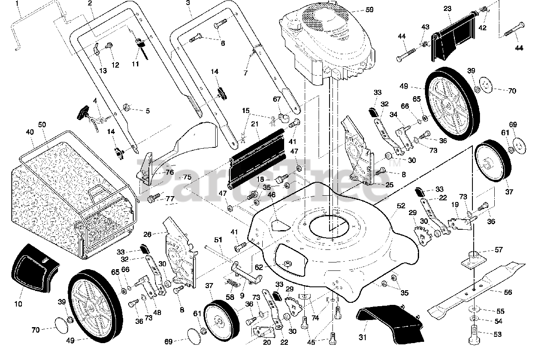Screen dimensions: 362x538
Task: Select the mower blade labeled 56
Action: pyautogui.click(x=475, y=290)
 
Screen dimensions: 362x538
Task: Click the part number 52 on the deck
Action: pyautogui.click(x=401, y=206)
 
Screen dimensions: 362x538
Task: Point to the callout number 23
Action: pyautogui.click(x=447, y=8)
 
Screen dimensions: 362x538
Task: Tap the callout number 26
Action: pyautogui.click(x=147, y=234)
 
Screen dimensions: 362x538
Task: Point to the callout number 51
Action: pyautogui.click(x=218, y=240)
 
